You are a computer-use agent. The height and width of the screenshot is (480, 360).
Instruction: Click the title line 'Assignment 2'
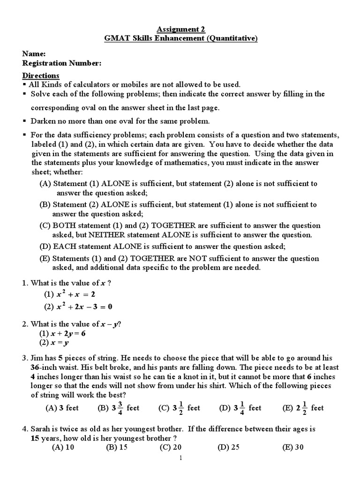pyautogui.click(x=180, y=29)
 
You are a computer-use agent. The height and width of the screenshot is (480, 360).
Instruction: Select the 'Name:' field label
pyautogui.click(x=34, y=54)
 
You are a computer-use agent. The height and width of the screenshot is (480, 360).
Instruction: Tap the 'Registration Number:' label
pyautogui.click(x=62, y=63)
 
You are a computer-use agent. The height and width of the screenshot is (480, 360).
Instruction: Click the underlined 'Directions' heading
pyautogui.click(x=41, y=75)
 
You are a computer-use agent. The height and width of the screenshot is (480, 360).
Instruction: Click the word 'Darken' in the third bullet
pyautogui.click(x=43, y=121)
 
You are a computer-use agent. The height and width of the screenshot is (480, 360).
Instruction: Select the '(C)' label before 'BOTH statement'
pyautogui.click(x=45, y=225)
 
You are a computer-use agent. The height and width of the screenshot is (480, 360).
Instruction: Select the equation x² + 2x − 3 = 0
pyautogui.click(x=84, y=307)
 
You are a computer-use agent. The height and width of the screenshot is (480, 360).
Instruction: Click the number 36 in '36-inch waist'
pyautogui.click(x=30, y=367)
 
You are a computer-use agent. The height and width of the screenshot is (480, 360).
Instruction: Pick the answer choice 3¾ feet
pyautogui.click(x=119, y=408)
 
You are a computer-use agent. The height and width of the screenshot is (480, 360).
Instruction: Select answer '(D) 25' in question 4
pyautogui.click(x=228, y=447)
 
